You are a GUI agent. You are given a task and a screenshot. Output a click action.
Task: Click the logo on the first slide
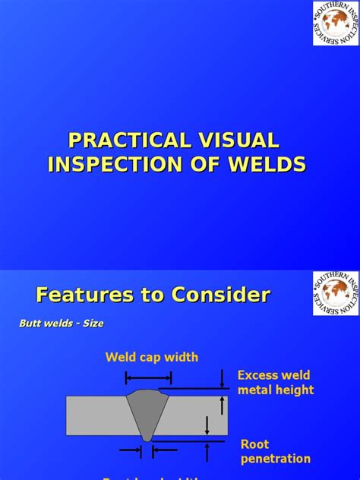(x=335, y=23)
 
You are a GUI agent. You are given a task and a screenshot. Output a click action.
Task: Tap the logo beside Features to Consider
(x=335, y=292)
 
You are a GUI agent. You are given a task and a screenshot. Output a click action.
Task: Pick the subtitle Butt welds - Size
(x=61, y=324)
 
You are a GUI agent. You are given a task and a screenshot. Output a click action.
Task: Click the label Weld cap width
(x=152, y=357)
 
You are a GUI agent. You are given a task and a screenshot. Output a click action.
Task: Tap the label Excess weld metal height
(x=275, y=383)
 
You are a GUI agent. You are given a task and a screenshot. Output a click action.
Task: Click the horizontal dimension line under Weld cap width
(x=152, y=378)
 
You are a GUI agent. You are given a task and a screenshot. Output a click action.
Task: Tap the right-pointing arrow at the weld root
(x=134, y=451)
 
